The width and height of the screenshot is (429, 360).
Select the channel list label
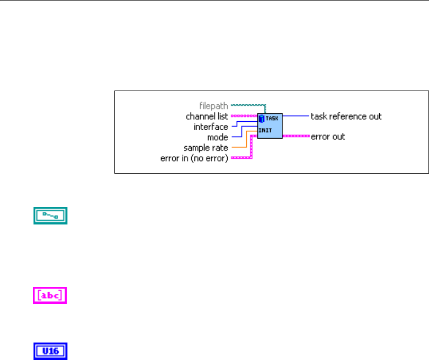(207, 116)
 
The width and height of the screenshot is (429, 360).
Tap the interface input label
(211, 127)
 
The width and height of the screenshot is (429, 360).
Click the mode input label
(217, 137)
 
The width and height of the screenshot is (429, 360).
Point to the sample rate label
(205, 148)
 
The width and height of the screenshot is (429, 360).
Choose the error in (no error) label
(194, 158)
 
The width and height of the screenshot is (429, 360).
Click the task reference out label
(346, 116)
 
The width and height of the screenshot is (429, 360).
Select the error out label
(328, 137)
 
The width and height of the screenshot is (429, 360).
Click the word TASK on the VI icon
(272, 118)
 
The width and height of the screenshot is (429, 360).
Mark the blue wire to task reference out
(296, 115)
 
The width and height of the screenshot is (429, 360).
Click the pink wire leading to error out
(295, 136)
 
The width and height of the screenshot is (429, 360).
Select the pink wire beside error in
(241, 158)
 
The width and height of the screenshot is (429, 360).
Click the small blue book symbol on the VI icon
(262, 118)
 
